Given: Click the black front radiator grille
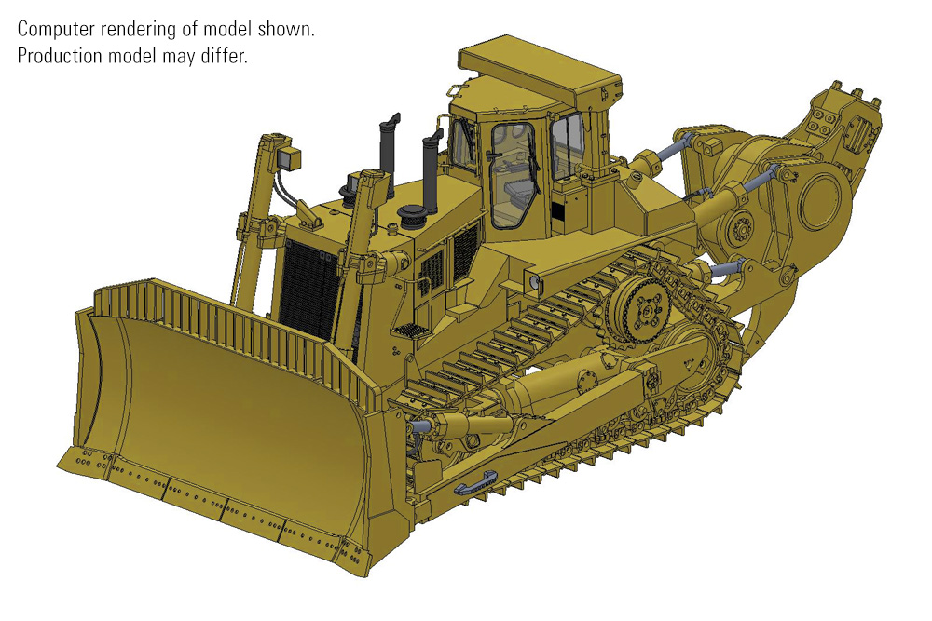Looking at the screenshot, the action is (x=310, y=290).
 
